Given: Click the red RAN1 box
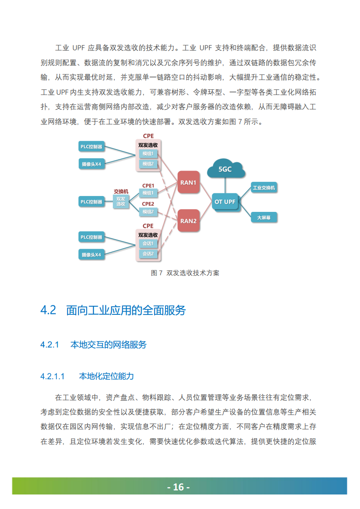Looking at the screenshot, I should (x=189, y=182).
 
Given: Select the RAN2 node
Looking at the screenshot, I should (x=189, y=221).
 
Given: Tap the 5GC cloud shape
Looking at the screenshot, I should (x=225, y=169).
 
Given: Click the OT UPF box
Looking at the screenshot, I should (x=224, y=201).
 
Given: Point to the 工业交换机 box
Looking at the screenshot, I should (x=264, y=187).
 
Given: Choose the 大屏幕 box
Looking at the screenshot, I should (x=264, y=218).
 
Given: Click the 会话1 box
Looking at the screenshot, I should (x=148, y=244).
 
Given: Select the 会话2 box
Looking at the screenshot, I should (x=148, y=254).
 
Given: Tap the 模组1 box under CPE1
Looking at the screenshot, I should (x=148, y=193).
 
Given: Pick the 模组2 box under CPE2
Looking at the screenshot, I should (x=148, y=211).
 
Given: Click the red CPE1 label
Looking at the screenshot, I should (x=148, y=185).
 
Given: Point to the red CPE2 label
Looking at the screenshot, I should (x=148, y=204).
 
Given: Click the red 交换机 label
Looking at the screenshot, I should (x=121, y=191).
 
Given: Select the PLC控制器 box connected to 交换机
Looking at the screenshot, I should (x=91, y=201).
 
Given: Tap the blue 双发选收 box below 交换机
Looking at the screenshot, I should (x=121, y=201).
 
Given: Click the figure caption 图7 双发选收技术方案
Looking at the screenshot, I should (x=185, y=273).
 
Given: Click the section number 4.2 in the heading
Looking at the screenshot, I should (x=48, y=310).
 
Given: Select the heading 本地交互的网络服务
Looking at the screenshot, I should (x=108, y=345).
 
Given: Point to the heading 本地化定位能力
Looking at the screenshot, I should (x=106, y=376).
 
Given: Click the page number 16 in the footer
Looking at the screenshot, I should (x=179, y=487).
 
